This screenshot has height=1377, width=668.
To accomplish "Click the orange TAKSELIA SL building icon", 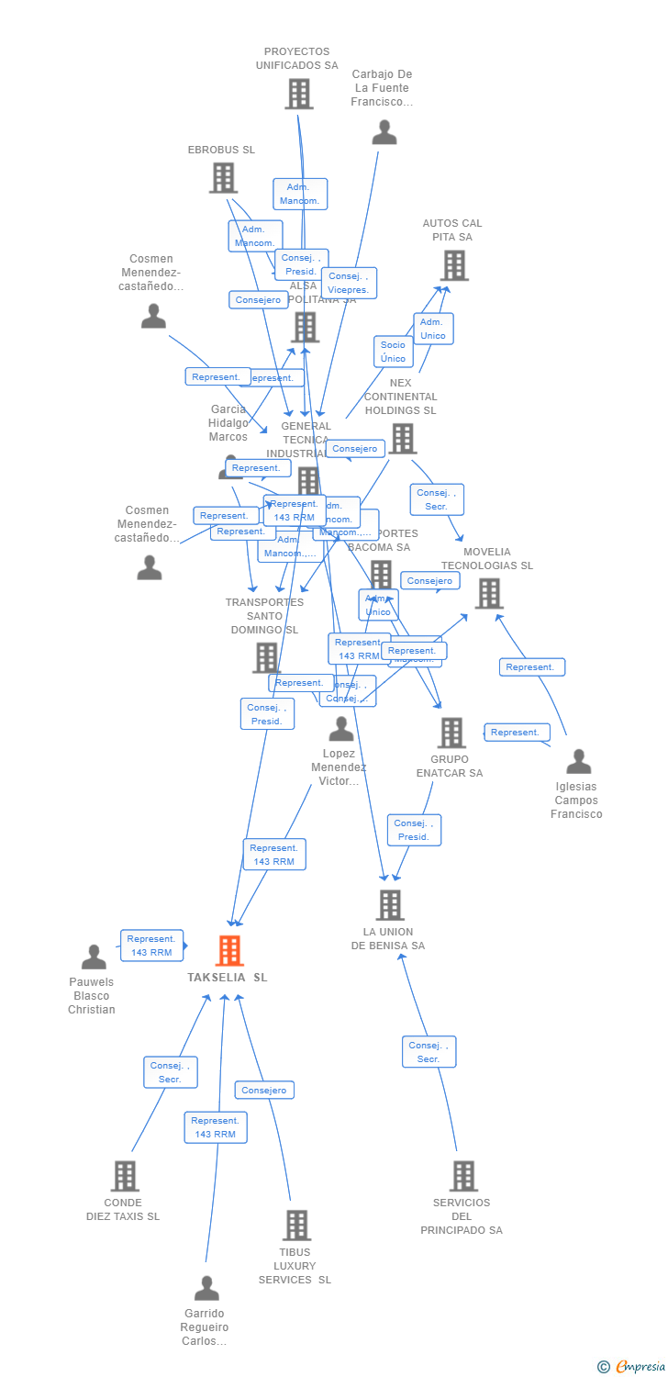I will point(229,950).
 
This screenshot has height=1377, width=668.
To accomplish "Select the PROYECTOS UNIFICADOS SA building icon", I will point(298,94).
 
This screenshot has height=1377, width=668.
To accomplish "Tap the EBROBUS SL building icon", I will point(223,177).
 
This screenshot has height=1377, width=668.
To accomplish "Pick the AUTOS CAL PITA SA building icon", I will point(453,265).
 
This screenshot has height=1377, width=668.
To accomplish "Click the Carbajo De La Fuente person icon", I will point(384,132).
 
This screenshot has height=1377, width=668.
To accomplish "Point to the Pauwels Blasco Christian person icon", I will point(94,957).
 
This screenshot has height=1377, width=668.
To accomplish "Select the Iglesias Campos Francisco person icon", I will point(578,762).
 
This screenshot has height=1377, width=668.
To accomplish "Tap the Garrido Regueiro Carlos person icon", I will point(206,1289).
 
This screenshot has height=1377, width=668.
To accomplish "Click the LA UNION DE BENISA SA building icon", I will point(390,905).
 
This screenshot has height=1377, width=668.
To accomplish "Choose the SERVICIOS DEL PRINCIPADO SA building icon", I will point(463,1176).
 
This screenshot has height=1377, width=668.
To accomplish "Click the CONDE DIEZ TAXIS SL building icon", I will point(125,1176).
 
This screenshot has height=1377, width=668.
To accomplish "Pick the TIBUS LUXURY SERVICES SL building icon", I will point(295,1226).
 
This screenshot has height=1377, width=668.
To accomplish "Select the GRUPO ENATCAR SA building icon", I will point(451,733).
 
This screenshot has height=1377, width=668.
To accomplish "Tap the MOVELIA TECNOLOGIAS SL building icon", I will point(488,594).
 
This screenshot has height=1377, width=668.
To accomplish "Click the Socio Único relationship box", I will point(393,352).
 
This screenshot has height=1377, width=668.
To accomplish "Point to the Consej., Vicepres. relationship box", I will point(349,283).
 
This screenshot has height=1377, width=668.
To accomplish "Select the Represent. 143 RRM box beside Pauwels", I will point(151,946).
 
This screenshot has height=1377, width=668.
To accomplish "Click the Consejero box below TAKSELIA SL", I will point(264,1091).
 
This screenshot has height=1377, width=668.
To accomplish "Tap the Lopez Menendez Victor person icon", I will point(341,730).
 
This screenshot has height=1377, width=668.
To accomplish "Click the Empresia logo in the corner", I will point(632,1367).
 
